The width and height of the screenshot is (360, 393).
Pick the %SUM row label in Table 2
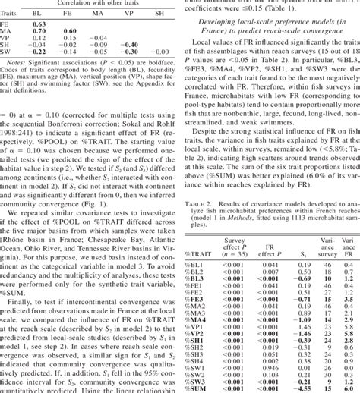[x=197, y=386]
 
